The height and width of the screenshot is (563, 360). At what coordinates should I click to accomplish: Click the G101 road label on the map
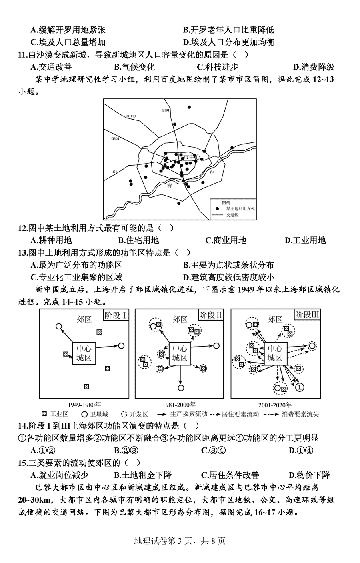(x=166, y=110)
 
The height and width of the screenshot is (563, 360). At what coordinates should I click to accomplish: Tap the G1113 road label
(x=131, y=116)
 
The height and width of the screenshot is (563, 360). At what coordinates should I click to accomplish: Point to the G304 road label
(x=115, y=138)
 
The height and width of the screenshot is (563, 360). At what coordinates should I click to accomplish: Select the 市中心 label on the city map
(x=192, y=157)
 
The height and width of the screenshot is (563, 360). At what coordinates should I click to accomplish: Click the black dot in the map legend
(x=217, y=209)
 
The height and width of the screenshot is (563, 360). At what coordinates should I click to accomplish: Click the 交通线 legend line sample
(x=217, y=215)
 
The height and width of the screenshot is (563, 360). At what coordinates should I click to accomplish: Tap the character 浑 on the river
(x=170, y=186)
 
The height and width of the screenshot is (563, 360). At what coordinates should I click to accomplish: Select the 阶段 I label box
(x=116, y=315)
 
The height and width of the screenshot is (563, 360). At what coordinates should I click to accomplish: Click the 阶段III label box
(x=307, y=315)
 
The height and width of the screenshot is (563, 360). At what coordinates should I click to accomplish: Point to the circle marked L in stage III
(x=300, y=387)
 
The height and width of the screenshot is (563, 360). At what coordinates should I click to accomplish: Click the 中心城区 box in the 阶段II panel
(x=180, y=353)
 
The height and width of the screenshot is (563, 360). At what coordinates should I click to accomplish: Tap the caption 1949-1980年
(x=84, y=405)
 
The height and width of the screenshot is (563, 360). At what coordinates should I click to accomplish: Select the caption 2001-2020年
(x=275, y=405)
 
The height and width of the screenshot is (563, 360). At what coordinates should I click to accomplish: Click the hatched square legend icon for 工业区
(x=44, y=414)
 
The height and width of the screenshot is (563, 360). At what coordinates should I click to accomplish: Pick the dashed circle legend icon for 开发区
(x=124, y=414)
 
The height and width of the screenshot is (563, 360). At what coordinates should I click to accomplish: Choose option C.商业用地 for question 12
(x=226, y=240)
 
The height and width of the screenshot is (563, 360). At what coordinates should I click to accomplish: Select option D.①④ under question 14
(x=301, y=451)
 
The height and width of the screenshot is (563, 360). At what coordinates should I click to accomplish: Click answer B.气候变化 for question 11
(x=134, y=67)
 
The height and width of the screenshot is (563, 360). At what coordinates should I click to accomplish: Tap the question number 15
(x=23, y=463)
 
